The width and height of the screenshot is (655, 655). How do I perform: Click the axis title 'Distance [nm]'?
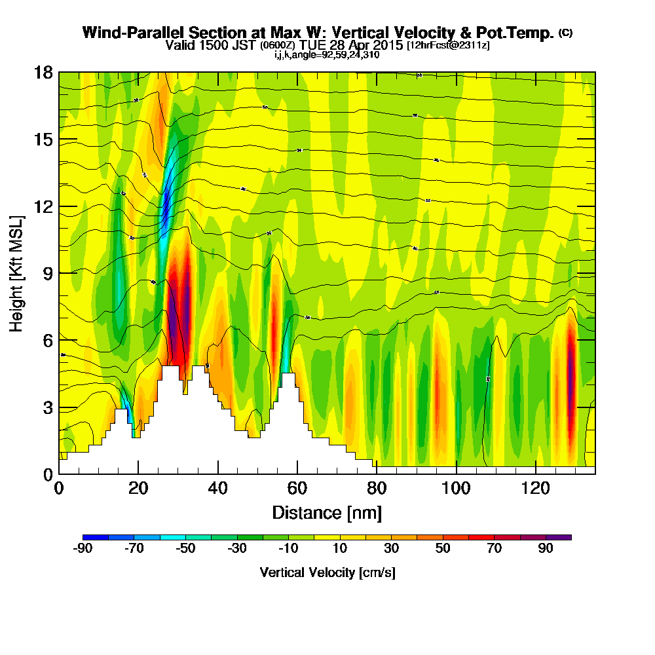[327, 512]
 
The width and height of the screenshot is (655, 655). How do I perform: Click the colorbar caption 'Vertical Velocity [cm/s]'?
[327, 572]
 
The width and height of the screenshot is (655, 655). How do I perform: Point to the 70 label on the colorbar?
[494, 549]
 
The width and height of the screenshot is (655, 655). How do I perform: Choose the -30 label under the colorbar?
[236, 549]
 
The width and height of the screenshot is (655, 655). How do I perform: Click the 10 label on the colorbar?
[339, 549]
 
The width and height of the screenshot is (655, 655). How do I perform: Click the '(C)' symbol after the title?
[565, 32]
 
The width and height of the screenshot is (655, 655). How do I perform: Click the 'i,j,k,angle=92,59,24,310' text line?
[327, 55]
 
